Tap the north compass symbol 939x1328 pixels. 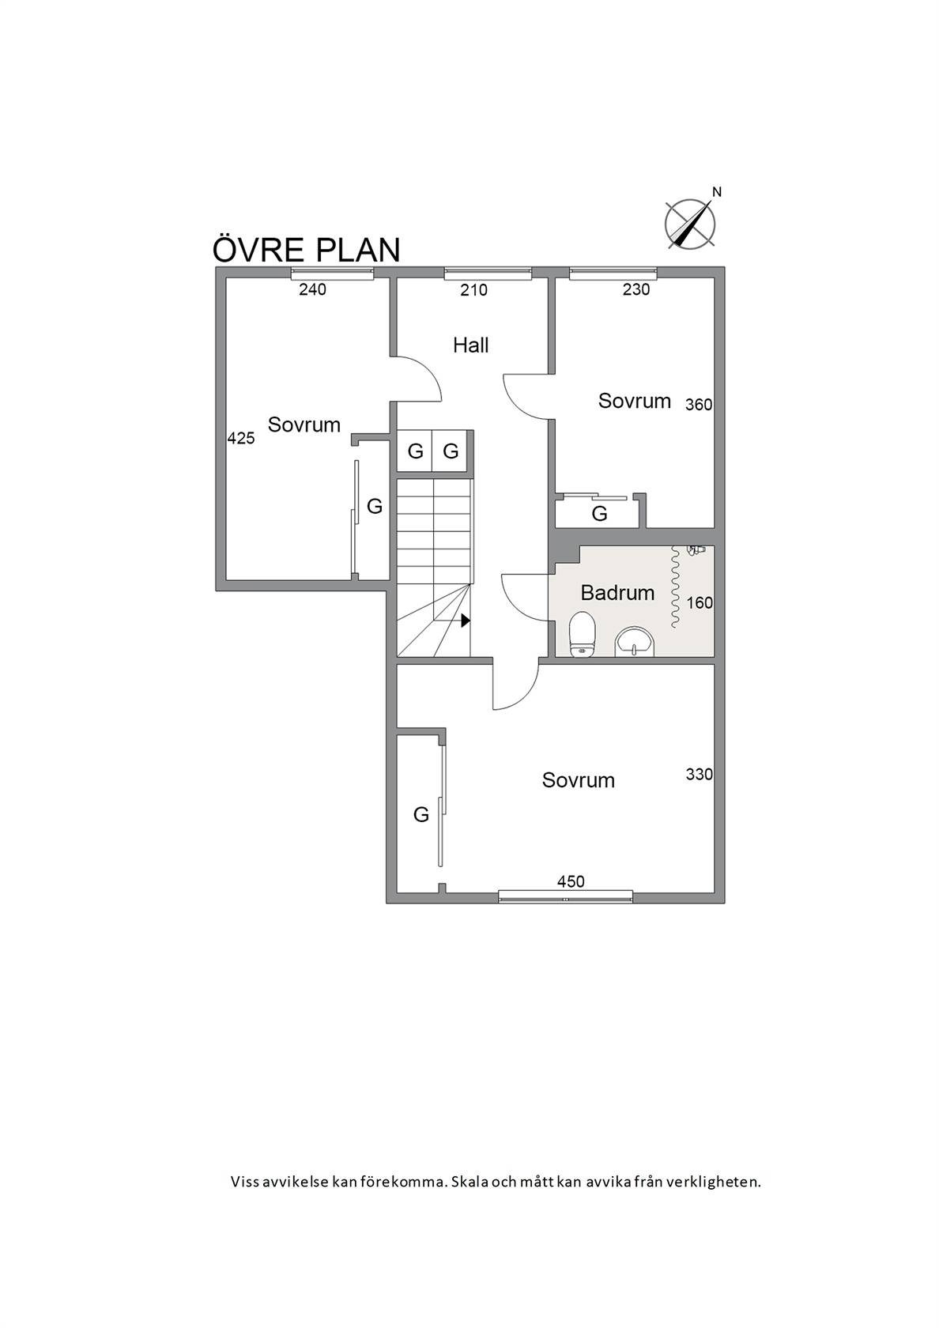[x=691, y=221]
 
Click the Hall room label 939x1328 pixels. [x=471, y=345]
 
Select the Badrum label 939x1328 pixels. [x=617, y=592]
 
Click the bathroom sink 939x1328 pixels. [x=635, y=642]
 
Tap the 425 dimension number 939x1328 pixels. [x=241, y=438]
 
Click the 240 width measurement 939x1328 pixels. [x=312, y=289]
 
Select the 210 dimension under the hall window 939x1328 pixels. [x=473, y=290]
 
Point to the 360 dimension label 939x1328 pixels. [x=699, y=405]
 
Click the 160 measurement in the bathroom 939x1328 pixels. [x=700, y=603]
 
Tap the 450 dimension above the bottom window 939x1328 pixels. [x=571, y=881]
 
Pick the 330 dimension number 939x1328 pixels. [x=700, y=775]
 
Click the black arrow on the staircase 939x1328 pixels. [x=466, y=620]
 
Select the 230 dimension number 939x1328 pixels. [x=636, y=289]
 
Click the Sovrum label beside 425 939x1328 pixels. [x=304, y=424]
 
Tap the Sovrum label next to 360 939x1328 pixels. [x=634, y=401]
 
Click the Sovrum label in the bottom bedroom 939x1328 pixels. [x=578, y=780]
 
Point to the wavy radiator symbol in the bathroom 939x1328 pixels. [x=675, y=587]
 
